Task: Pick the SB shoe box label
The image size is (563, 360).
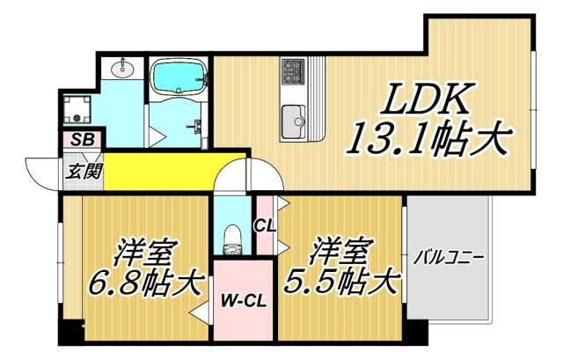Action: [x=83, y=139]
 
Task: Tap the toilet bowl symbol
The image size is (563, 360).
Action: [x=233, y=237]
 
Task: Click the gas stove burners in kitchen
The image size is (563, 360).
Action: [x=293, y=69]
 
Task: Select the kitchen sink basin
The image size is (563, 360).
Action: [x=291, y=115]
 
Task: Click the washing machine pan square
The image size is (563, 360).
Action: [x=82, y=109]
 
